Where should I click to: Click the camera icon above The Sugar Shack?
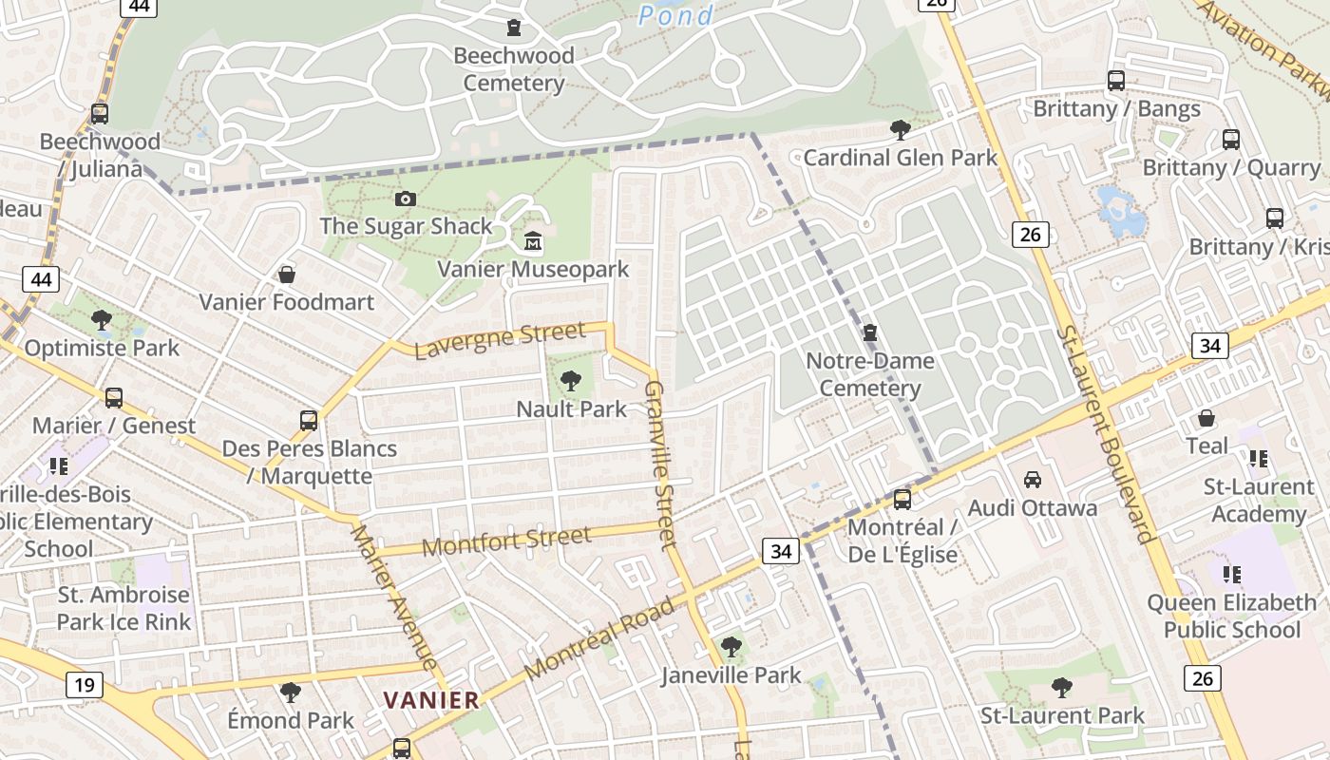[406, 199]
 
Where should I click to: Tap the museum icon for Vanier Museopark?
[533, 242]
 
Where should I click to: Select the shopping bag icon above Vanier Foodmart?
[286, 275]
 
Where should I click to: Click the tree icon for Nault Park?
[571, 382]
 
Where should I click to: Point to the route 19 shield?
[84, 684]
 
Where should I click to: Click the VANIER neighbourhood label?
[431, 700]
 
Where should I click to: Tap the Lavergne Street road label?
[500, 340]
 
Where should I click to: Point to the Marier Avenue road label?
[392, 597]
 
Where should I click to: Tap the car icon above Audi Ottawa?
[1032, 480]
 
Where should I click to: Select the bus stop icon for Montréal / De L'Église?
[902, 499]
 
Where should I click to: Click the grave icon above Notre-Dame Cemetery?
[869, 333]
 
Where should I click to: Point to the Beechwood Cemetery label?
[514, 69]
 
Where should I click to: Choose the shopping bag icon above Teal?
[1206, 418]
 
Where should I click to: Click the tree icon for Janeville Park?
[731, 648]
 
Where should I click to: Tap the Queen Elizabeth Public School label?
[1231, 616]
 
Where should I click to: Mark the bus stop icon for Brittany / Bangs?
[1116, 81]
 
